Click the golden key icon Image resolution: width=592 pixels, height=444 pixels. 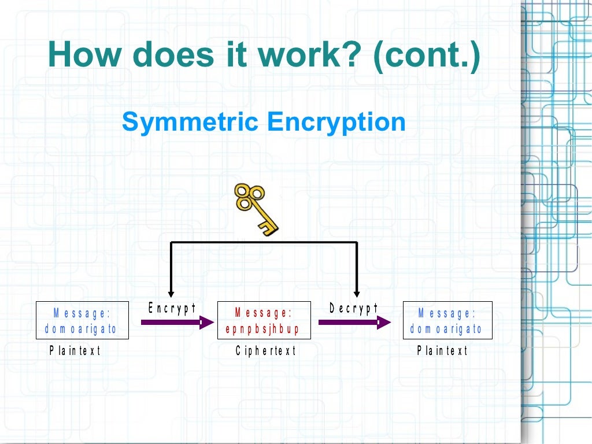[x=256, y=209]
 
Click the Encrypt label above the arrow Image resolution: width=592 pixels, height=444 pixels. [x=172, y=308]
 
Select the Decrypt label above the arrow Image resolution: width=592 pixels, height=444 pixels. [x=354, y=308]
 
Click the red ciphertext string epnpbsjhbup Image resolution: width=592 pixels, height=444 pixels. [x=262, y=330]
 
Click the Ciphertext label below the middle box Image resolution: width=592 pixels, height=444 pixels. [x=266, y=350]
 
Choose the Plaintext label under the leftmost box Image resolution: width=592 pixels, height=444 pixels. [x=75, y=350]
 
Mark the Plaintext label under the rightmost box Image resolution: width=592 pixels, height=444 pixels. [x=442, y=350]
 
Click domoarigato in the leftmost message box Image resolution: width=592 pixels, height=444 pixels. [x=81, y=330]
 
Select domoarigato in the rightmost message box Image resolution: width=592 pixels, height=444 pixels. [x=446, y=330]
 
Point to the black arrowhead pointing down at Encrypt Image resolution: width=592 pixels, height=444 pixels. [x=171, y=293]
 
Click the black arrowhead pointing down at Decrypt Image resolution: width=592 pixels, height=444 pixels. [x=357, y=293]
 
